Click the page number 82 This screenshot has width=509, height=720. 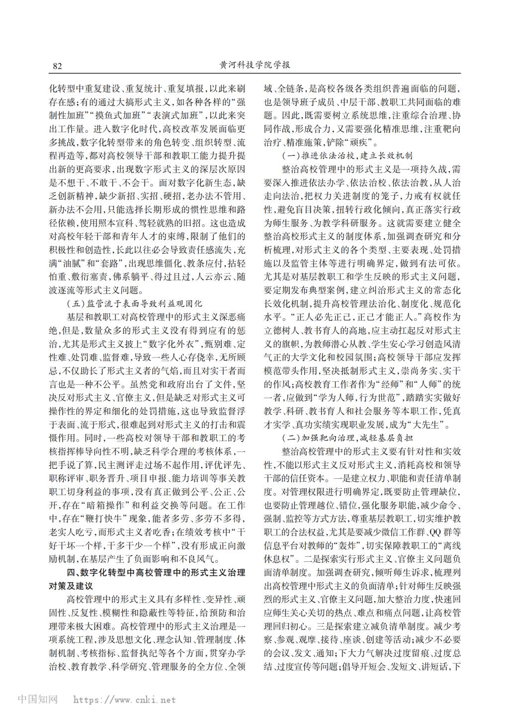tap(57, 66)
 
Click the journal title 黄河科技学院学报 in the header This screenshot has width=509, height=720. tap(254, 66)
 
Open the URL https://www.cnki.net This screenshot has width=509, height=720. tap(124, 700)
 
